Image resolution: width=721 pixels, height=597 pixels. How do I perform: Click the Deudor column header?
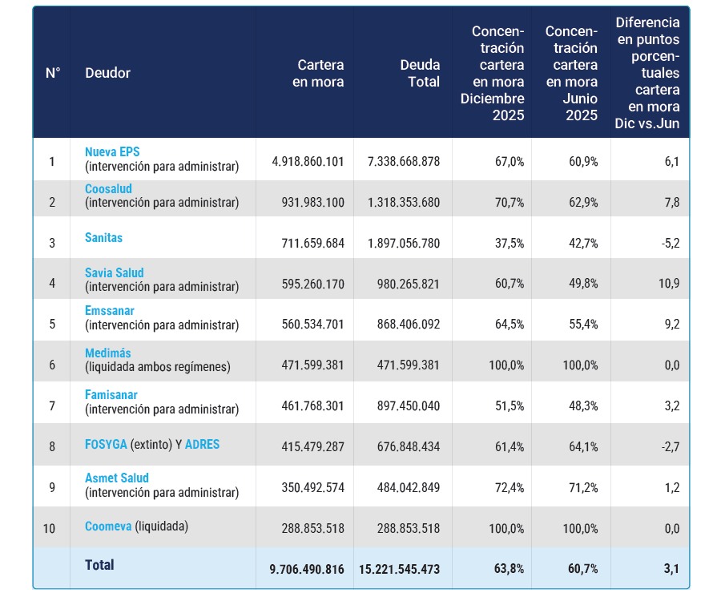pyautogui.click(x=107, y=73)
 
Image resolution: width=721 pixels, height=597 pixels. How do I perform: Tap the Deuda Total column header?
pyautogui.click(x=420, y=73)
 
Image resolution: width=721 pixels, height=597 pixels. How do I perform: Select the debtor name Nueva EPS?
pyautogui.click(x=112, y=151)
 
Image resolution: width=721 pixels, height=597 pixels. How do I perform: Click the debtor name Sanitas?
pyautogui.click(x=104, y=238)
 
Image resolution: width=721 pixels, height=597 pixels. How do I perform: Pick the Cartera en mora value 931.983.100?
pyautogui.click(x=312, y=203)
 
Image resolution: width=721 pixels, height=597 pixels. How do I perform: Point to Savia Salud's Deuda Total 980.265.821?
pyautogui.click(x=409, y=284)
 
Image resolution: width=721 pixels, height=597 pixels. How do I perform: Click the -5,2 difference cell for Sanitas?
pyautogui.click(x=671, y=243)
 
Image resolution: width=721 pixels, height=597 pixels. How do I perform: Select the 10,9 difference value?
pyautogui.click(x=669, y=284)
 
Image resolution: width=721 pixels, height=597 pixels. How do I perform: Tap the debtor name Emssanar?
pyautogui.click(x=110, y=310)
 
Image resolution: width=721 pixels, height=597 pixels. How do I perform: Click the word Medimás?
pyautogui.click(x=108, y=353)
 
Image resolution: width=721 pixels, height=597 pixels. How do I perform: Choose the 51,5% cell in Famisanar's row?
pyautogui.click(x=510, y=405)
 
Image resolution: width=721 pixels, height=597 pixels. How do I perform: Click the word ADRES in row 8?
pyautogui.click(x=203, y=444)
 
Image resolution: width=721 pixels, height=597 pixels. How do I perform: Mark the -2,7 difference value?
pyautogui.click(x=671, y=446)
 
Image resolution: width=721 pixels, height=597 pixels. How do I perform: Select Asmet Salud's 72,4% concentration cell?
pyautogui.click(x=510, y=487)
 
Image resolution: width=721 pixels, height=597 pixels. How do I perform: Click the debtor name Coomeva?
pyautogui.click(x=108, y=526)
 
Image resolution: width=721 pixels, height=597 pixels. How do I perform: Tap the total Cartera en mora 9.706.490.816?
pyautogui.click(x=307, y=569)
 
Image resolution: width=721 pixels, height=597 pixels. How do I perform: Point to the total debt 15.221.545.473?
pyautogui.click(x=399, y=569)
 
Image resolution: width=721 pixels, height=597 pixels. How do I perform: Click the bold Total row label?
pyautogui.click(x=99, y=565)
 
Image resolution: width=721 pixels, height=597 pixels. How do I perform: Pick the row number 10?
pyautogui.click(x=49, y=528)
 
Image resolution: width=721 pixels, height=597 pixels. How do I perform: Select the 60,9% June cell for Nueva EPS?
pyautogui.click(x=583, y=161)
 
